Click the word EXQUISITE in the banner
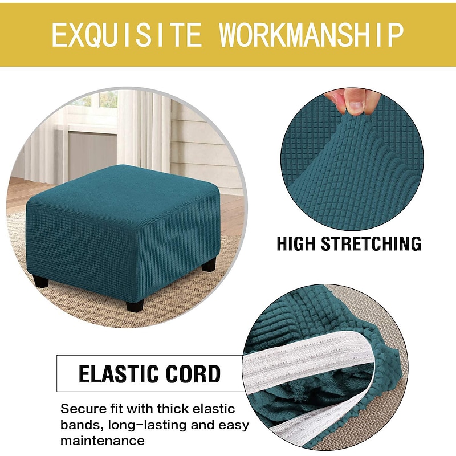click(127, 35)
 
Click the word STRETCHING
click(371, 243)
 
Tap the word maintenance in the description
click(102, 441)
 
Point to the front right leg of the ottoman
click(135, 301)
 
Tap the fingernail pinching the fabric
click(354, 106)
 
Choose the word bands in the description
click(80, 425)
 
